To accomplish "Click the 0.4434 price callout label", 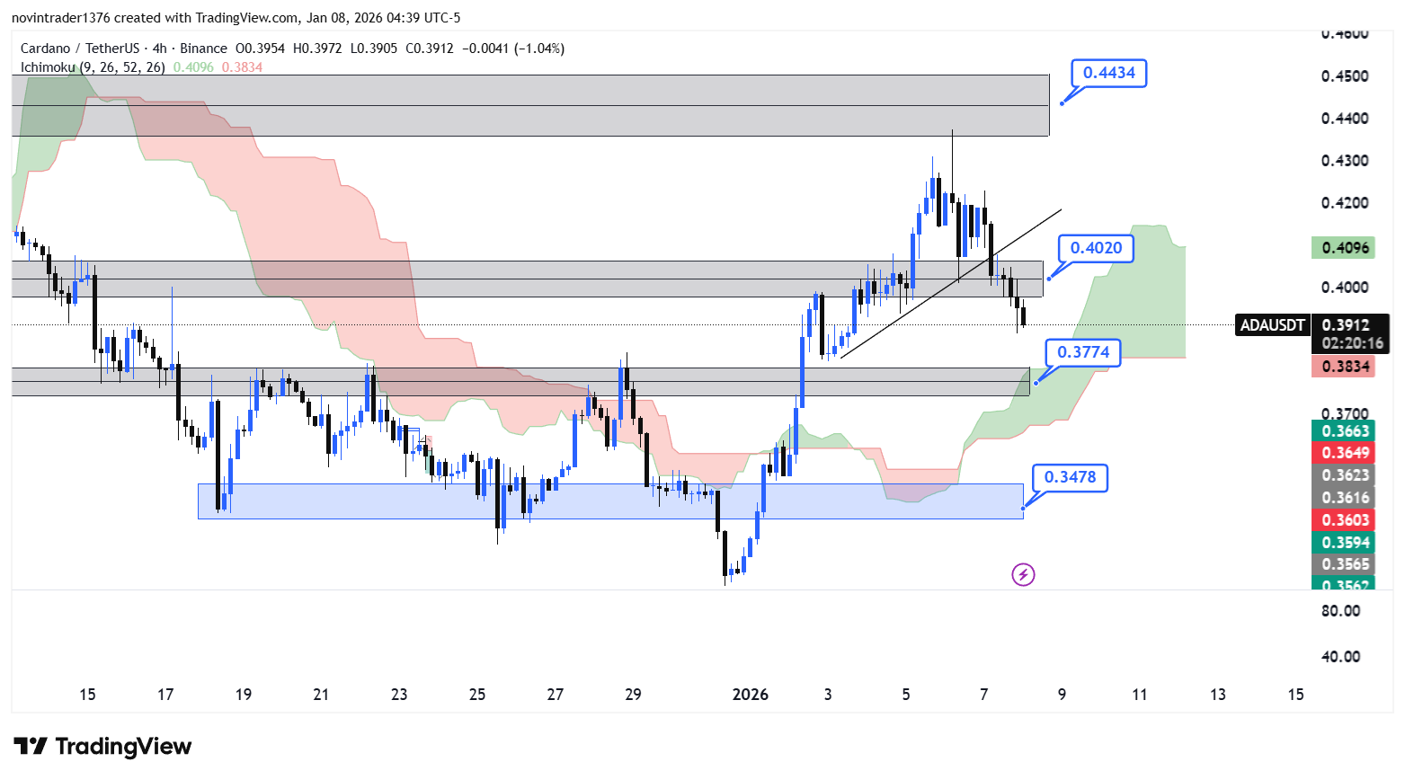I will click(1108, 73).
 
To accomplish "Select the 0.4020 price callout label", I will click(1096, 248).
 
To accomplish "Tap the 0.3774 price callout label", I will click(1083, 352).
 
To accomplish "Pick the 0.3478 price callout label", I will click(1070, 477).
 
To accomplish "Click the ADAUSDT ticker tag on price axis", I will click(1272, 325).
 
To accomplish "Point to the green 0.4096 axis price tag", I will click(1343, 248).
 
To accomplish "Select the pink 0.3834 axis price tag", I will click(1343, 367).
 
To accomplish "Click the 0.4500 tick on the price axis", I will click(1345, 76).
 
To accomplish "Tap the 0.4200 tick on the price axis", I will click(1345, 203).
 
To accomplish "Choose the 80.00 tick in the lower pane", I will click(1340, 611).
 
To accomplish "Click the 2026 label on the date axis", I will click(750, 695).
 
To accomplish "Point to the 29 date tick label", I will click(633, 695).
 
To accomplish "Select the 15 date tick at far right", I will click(1295, 695).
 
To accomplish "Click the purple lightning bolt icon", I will click(1023, 574).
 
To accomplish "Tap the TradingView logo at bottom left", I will click(103, 747).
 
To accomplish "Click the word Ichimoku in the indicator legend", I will click(49, 67).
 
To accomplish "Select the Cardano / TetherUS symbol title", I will click(80, 49).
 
